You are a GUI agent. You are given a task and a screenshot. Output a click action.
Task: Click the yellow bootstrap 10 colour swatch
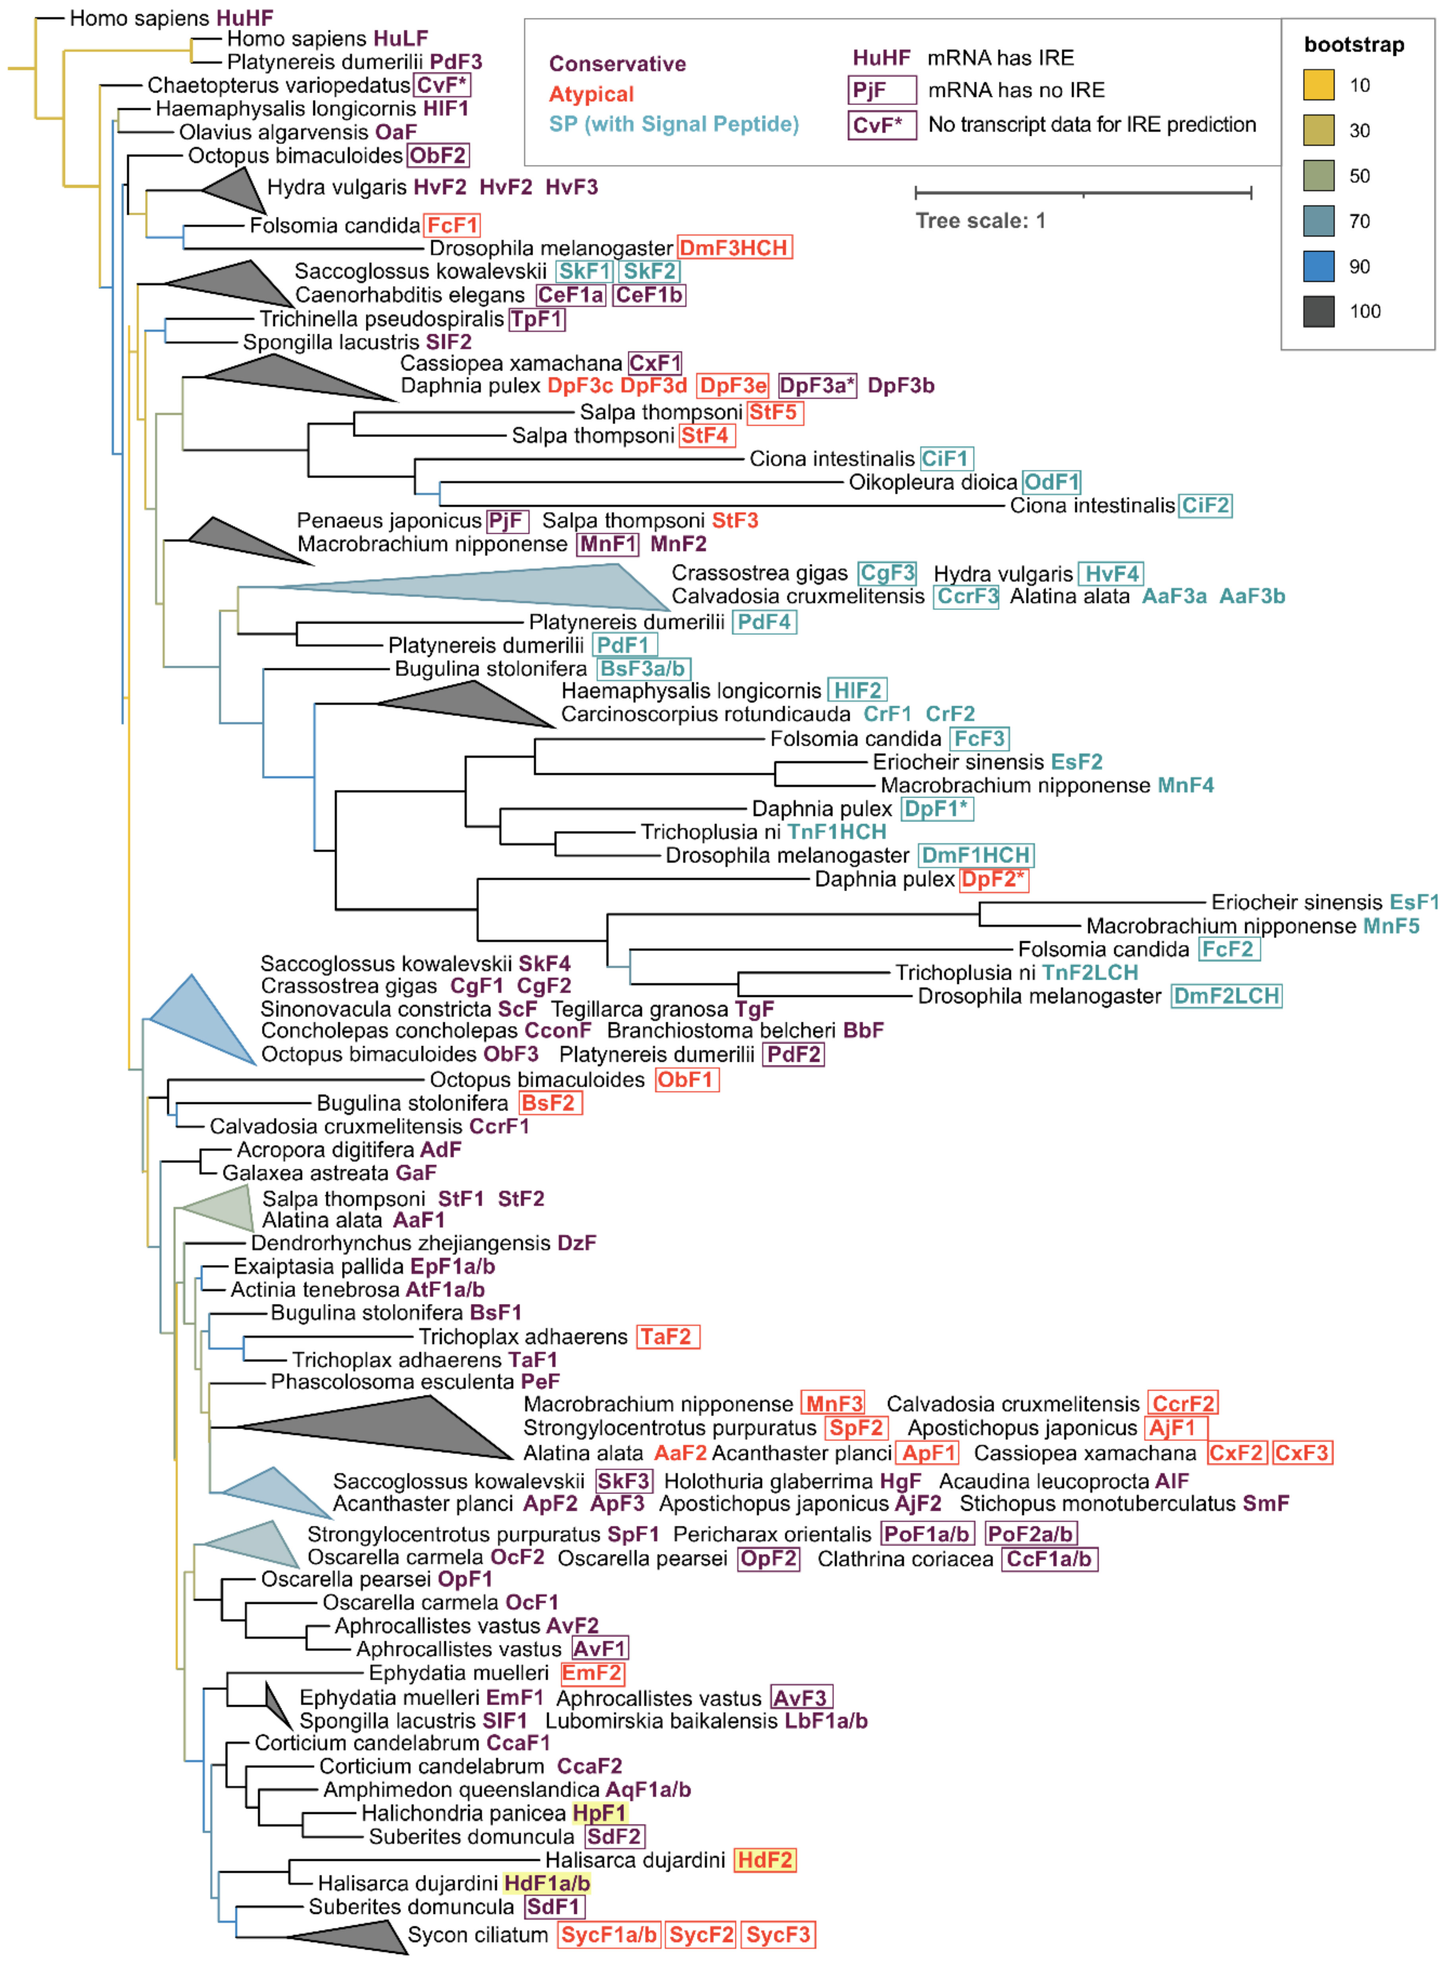[x=1318, y=85]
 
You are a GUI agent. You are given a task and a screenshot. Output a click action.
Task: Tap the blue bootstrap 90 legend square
[x=1318, y=266]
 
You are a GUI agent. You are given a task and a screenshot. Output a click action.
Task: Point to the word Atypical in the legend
[x=591, y=94]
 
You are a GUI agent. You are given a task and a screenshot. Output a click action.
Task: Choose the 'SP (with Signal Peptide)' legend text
[x=673, y=124]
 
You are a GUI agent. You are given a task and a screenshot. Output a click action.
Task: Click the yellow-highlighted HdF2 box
[x=764, y=1859]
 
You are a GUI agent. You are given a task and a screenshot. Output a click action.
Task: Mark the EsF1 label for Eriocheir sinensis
[x=1414, y=902]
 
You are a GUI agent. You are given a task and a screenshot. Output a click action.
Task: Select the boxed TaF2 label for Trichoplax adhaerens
[x=667, y=1336]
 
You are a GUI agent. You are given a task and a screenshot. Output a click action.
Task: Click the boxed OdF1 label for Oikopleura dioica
[x=1051, y=482]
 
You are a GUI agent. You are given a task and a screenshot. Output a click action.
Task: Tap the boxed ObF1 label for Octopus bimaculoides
[x=686, y=1079]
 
